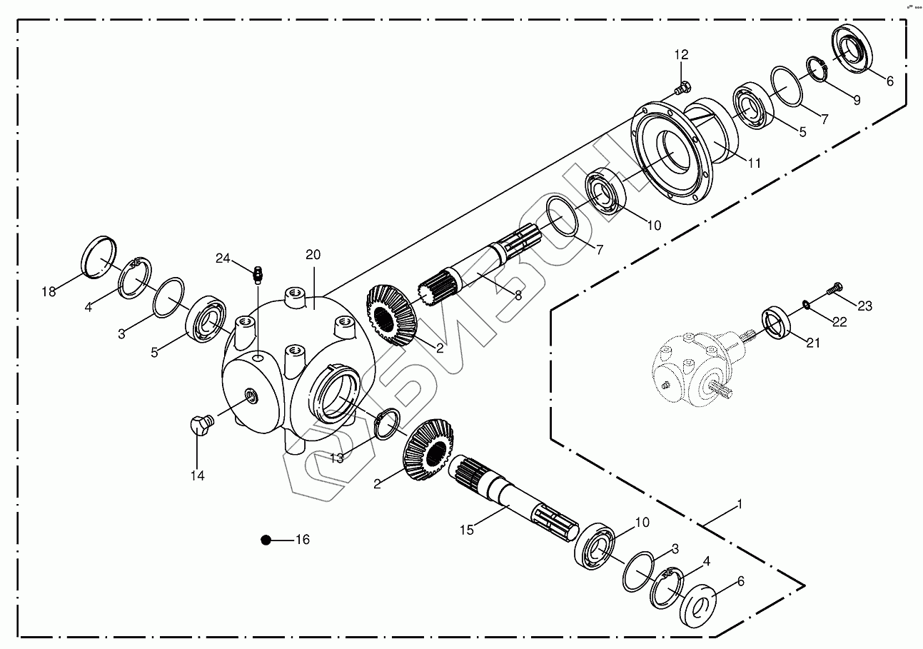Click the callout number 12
pos(681,54)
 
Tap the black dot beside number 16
pos(266,540)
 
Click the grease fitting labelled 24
pos(259,273)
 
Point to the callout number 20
pos(313,255)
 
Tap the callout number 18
pos(49,291)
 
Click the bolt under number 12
pos(681,89)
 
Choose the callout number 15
pos(467,530)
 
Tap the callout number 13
pos(336,458)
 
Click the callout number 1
pos(740,504)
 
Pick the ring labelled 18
pos(99,255)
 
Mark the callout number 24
pos(223,258)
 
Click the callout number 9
pos(857,101)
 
